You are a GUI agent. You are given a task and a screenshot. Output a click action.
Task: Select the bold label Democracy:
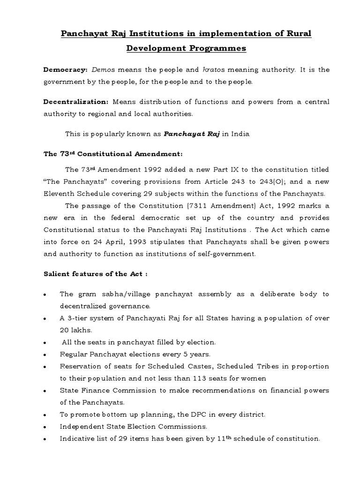[65, 70]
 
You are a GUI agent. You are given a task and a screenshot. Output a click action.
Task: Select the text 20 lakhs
[75, 330]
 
